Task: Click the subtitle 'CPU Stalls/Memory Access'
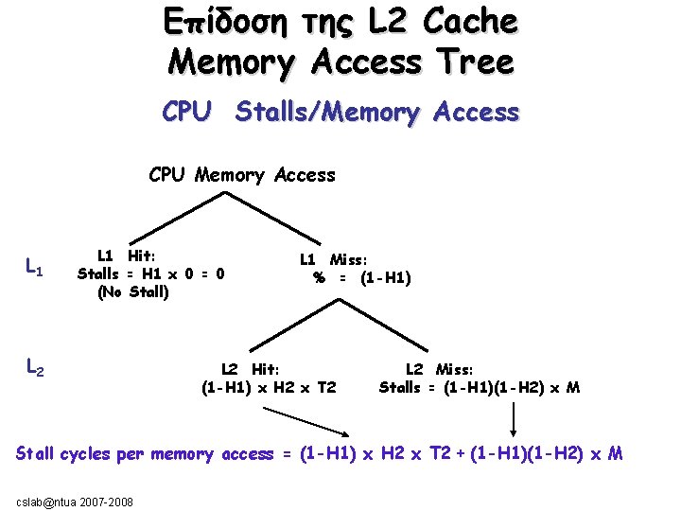[x=340, y=113]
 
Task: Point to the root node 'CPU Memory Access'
[x=242, y=175]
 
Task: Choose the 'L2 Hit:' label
[x=250, y=369]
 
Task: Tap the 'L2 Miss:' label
[x=440, y=369]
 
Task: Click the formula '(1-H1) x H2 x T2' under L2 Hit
[x=269, y=387]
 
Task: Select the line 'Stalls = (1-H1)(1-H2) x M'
[x=480, y=387]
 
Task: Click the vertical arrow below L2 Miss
[x=514, y=415]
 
